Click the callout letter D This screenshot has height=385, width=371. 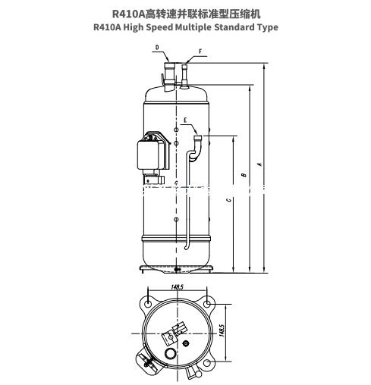click(157, 47)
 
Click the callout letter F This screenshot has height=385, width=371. click(200, 52)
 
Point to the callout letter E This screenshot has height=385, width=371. click(185, 120)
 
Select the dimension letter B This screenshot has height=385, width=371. click(243, 175)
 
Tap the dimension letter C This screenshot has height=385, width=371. click(228, 201)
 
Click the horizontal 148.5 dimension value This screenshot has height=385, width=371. click(176, 286)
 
